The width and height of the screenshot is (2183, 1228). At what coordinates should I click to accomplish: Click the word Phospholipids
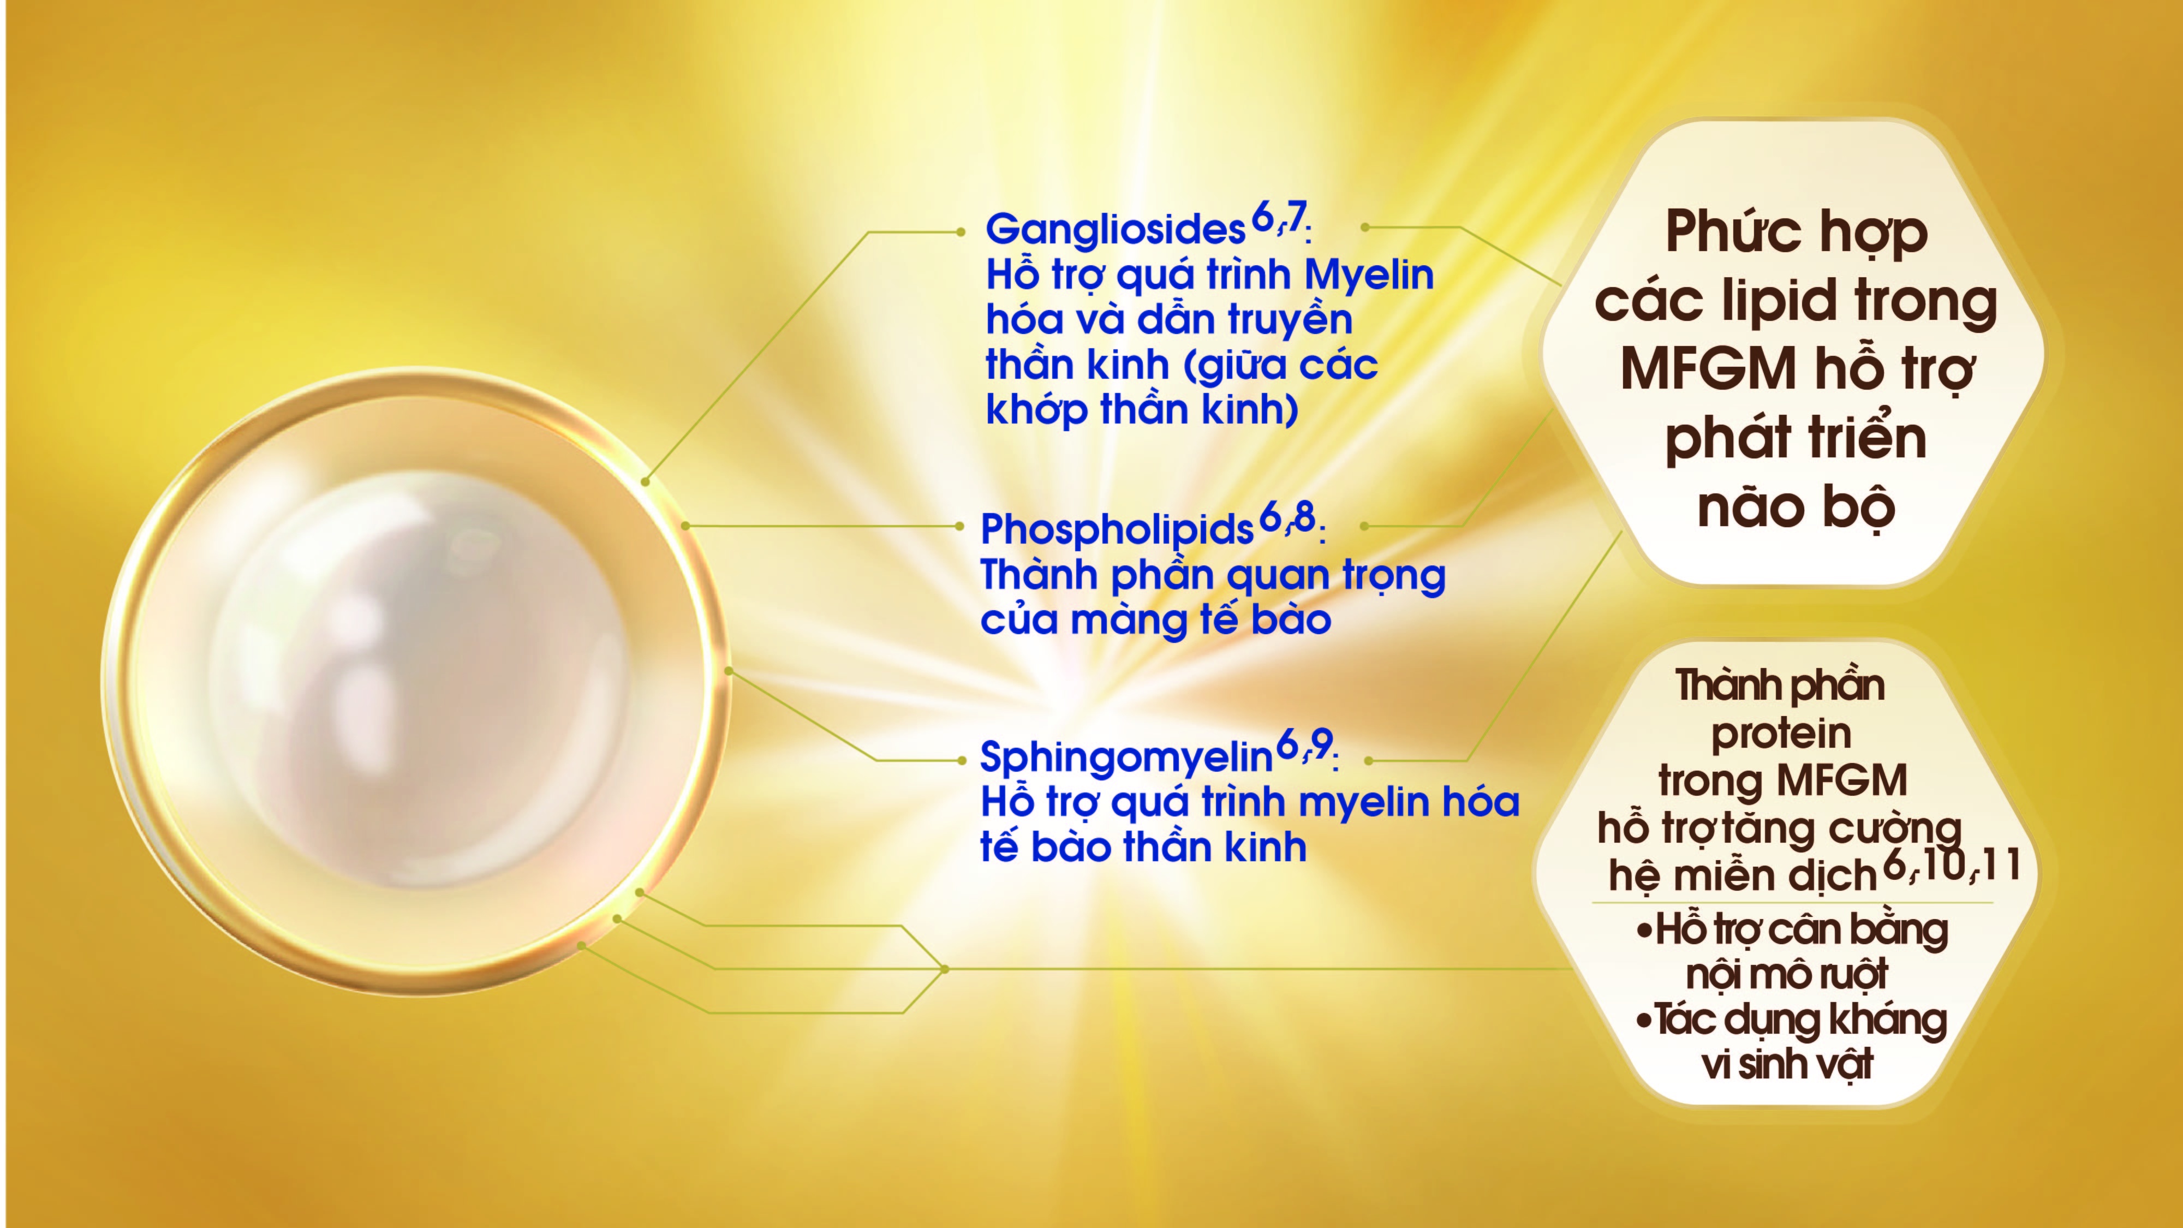[1116, 529]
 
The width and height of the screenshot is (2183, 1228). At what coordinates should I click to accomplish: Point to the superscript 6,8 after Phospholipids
[1286, 517]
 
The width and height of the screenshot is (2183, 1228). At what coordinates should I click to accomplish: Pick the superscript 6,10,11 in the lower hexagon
[1952, 865]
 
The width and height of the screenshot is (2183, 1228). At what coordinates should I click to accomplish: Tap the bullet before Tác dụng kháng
[1644, 1021]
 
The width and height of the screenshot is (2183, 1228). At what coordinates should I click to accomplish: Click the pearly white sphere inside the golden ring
[415, 678]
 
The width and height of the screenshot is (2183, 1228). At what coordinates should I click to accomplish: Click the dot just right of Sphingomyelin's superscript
[1368, 761]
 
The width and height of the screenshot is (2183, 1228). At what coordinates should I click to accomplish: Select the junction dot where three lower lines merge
[944, 969]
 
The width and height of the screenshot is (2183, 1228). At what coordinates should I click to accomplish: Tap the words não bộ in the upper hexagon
[1795, 507]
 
